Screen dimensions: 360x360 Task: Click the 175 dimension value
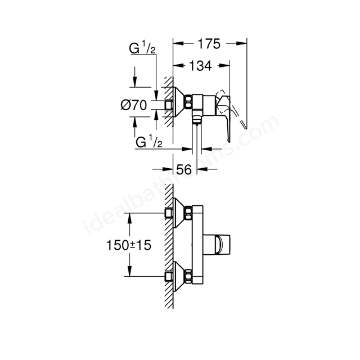[209, 44]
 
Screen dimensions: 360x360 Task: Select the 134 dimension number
[200, 66]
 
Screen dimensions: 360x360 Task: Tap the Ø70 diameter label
[134, 105]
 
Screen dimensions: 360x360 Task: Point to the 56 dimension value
[184, 170]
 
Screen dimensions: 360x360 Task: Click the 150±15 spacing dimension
[129, 245]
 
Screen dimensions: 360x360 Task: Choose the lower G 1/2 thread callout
[149, 141]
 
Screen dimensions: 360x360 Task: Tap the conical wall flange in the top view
[179, 102]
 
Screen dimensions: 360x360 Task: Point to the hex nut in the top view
[188, 102]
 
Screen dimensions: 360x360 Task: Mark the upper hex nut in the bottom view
[188, 213]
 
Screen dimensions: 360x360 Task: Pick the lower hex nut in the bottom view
[188, 276]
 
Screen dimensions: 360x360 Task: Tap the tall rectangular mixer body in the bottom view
[197, 245]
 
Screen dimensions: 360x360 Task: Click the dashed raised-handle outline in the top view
[232, 108]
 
